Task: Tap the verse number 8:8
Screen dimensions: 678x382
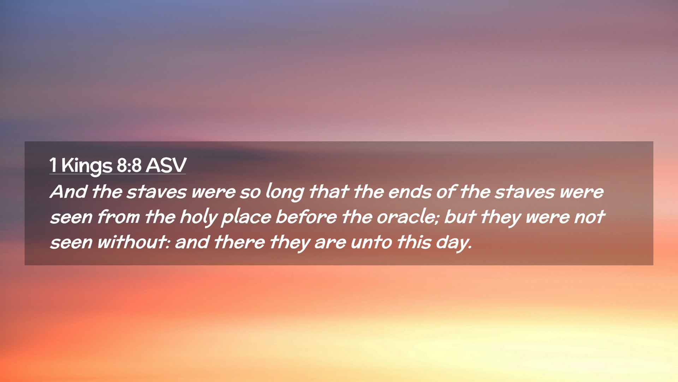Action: (129, 165)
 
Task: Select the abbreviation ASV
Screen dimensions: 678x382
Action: (166, 165)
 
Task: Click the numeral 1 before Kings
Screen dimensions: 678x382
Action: (53, 165)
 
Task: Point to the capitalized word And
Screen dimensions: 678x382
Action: (69, 192)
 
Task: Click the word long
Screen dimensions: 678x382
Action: (284, 192)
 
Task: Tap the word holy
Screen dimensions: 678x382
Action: (198, 218)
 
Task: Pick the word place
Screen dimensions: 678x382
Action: (246, 218)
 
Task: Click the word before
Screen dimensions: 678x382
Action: (306, 217)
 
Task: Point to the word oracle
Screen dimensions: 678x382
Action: (408, 217)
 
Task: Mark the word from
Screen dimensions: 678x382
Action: (118, 217)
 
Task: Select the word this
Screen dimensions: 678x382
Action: (414, 242)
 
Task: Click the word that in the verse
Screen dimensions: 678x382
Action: (329, 192)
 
